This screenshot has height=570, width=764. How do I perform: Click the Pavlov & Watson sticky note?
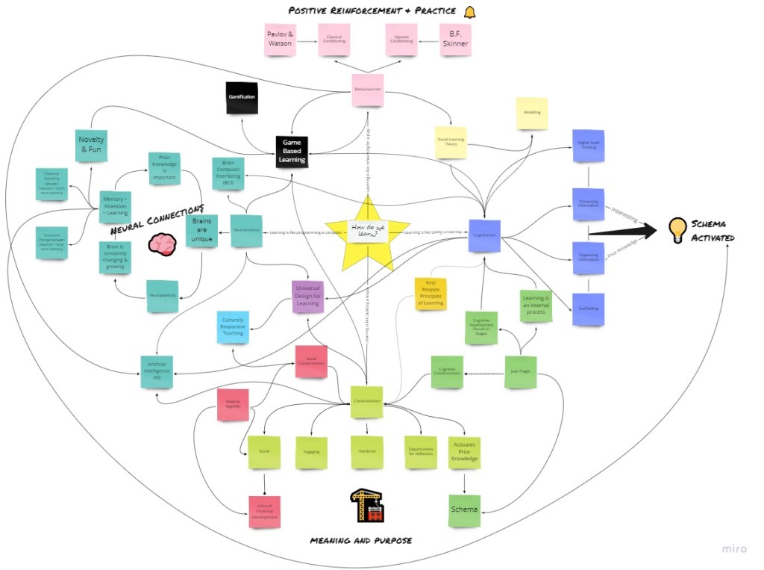(281, 39)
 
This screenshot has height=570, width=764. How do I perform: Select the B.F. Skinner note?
(455, 39)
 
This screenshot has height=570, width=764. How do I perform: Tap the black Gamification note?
(241, 98)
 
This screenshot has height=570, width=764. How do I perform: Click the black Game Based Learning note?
(290, 149)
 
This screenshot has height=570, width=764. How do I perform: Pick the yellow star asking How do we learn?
(368, 232)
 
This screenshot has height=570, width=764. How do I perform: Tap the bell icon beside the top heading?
(469, 12)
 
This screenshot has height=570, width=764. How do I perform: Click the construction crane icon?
(367, 505)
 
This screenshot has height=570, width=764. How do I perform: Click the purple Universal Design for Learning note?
(307, 294)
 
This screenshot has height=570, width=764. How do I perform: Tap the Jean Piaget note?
(520, 371)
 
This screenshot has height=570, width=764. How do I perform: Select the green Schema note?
(464, 510)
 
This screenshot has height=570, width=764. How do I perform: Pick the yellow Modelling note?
(532, 114)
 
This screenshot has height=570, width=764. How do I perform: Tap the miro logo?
(734, 549)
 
